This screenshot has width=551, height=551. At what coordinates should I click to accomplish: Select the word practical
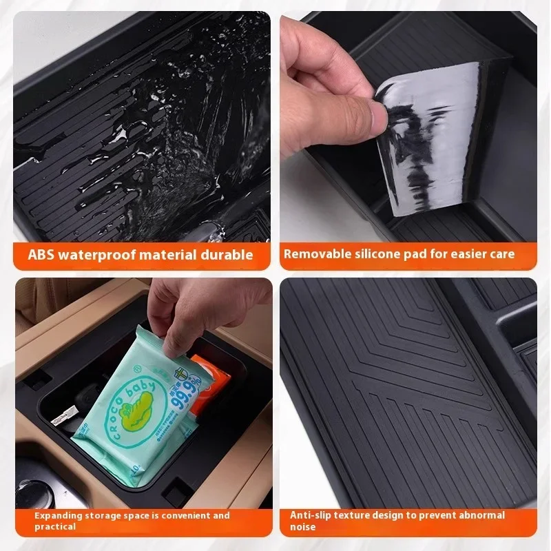click(x=54, y=527)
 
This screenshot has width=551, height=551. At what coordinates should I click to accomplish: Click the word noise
click(x=303, y=527)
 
